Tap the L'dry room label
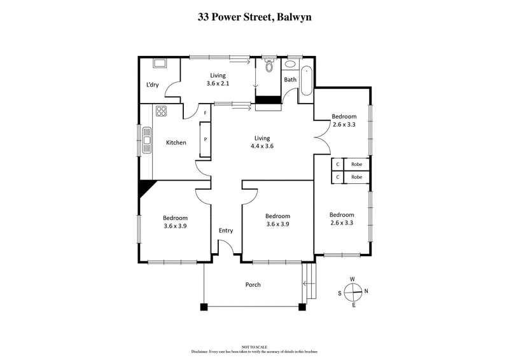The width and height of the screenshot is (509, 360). pos(152,85)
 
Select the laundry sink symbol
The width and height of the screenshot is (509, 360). pos(159,64)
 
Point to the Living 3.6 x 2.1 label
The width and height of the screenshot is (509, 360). pos(218,80)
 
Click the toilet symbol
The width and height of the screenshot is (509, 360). pos(269,66)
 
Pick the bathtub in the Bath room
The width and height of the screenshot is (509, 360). pos(306,81)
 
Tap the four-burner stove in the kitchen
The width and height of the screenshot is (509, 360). pos(160,113)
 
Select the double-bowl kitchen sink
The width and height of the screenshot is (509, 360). pos(147,140)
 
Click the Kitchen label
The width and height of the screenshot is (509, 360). pos(176,142)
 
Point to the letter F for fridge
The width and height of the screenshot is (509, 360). pos(205,113)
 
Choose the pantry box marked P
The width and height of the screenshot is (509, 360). pos(206,139)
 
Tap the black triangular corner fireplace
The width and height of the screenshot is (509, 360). pos(146,188)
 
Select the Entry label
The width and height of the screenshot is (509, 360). pos(226,231)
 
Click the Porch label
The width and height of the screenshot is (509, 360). pos(253,284)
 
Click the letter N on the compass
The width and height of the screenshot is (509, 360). pos(365,291)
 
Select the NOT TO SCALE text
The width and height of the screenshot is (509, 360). pos(254,347)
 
